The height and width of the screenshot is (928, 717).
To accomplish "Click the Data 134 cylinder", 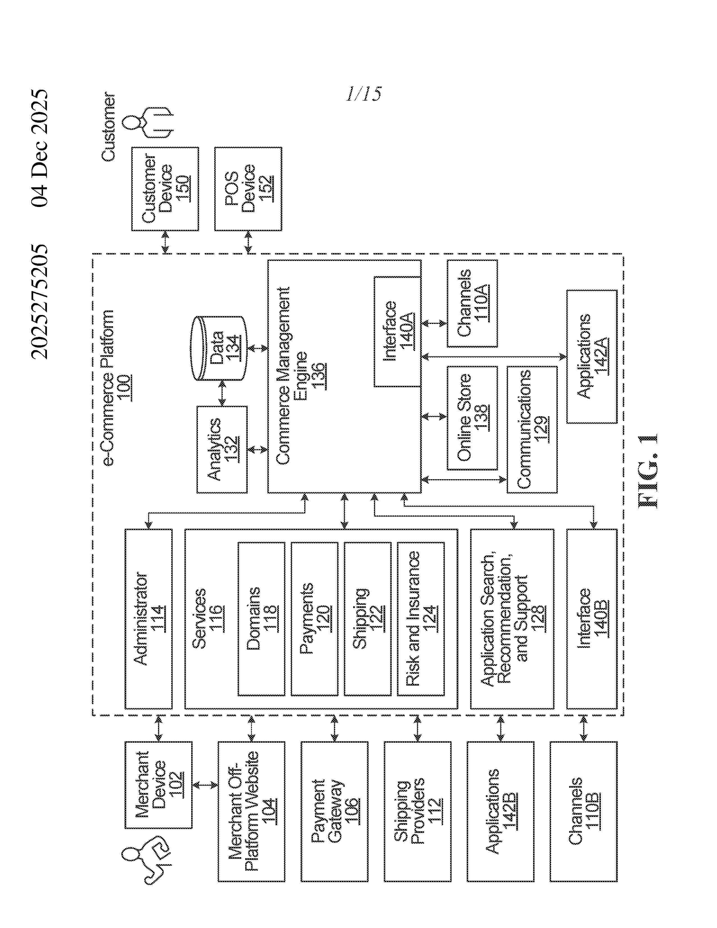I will click(x=219, y=348).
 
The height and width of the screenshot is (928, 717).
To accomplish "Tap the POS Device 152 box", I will click(x=248, y=189).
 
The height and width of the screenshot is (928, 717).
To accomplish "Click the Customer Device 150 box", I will click(x=165, y=189).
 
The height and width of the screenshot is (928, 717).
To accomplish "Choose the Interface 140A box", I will click(x=397, y=332).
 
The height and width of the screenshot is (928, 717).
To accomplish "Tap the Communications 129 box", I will click(x=532, y=429).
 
